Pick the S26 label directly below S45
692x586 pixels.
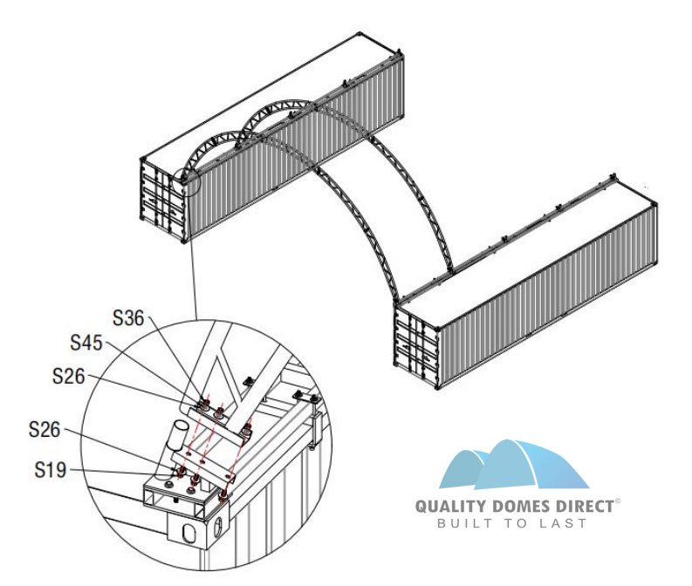(x=71, y=376)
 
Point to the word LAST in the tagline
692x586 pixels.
(x=568, y=523)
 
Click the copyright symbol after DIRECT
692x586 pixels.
(x=619, y=501)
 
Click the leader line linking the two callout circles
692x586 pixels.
(x=194, y=253)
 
